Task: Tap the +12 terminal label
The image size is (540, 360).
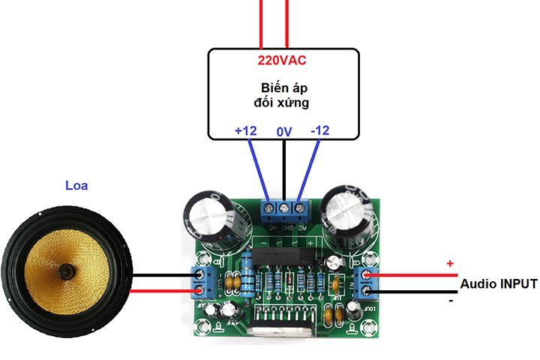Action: click(245, 130)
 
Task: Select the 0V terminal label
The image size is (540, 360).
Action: click(284, 131)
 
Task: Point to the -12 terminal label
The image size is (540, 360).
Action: click(319, 130)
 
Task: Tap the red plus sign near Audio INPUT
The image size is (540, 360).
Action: click(450, 264)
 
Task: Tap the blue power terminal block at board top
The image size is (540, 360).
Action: click(285, 208)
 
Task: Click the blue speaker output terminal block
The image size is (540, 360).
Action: click(200, 283)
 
